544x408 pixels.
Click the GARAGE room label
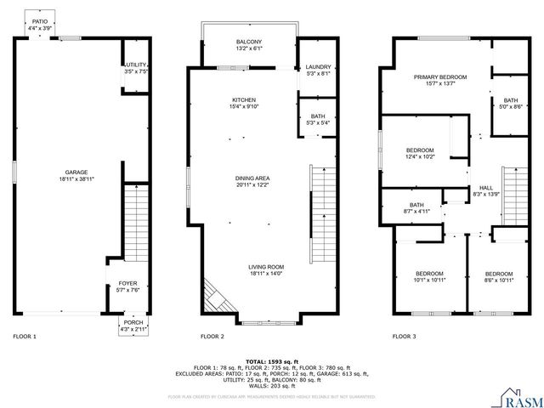[76, 173]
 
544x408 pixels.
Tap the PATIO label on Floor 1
[40, 20]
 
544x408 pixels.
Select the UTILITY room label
[136, 65]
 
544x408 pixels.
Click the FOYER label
[126, 283]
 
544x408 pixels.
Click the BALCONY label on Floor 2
[249, 42]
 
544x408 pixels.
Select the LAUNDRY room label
[318, 67]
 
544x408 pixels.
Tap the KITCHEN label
[244, 100]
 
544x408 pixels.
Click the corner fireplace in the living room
[214, 297]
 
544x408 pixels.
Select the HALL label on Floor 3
[485, 188]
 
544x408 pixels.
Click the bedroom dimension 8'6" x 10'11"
[499, 279]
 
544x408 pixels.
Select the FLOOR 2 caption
[212, 337]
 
